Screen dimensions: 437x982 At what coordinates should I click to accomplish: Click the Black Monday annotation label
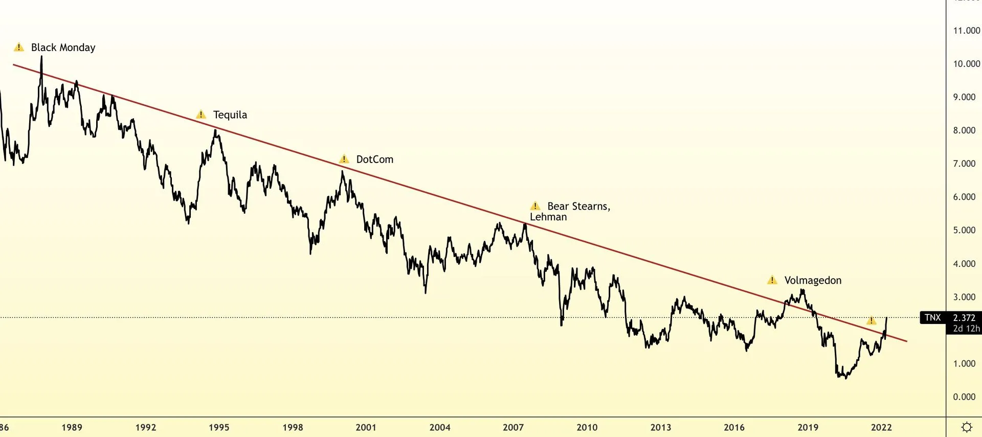[x=63, y=48]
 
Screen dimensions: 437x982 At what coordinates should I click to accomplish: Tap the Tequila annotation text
[x=230, y=115]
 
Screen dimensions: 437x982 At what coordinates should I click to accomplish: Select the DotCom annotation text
[x=374, y=159]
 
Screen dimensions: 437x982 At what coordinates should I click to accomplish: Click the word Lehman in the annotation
[x=548, y=217]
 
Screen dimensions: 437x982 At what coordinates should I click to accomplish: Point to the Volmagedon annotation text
[x=813, y=281]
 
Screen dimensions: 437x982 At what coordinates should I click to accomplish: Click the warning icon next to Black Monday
[x=19, y=48]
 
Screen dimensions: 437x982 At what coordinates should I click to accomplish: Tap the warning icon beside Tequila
[x=201, y=114]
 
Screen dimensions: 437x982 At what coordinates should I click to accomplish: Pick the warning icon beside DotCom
[x=344, y=159]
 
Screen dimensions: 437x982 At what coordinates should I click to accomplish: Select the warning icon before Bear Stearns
[x=535, y=206]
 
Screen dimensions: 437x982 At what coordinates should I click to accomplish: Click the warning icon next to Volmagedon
[x=772, y=280]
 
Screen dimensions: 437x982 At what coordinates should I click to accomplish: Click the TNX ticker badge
[x=932, y=317]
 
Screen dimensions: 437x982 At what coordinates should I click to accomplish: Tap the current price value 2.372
[x=964, y=317]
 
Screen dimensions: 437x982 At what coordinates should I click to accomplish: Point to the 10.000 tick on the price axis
[x=966, y=64]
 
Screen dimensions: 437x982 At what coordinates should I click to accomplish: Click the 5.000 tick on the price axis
[x=964, y=230]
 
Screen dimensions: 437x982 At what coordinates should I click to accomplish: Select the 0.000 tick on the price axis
[x=964, y=397]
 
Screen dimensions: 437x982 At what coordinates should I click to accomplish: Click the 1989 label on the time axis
[x=72, y=427]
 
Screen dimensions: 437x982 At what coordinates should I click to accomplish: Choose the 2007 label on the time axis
[x=513, y=427]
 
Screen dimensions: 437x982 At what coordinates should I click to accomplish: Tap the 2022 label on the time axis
[x=881, y=427]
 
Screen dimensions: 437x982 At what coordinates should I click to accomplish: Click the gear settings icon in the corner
[x=967, y=427]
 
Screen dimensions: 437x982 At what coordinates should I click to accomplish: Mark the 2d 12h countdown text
[x=966, y=329]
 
